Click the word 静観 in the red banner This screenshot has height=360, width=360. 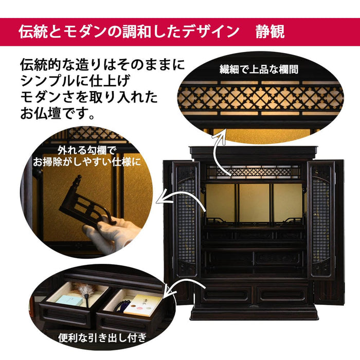270,31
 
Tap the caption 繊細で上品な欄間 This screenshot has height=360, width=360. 259,69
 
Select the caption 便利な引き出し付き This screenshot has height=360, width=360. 102,338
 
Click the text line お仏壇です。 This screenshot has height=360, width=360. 58,113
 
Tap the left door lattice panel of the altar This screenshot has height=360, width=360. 186,221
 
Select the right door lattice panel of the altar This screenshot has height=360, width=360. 321,221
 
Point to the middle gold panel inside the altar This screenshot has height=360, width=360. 254,203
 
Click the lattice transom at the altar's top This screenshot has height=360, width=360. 254,172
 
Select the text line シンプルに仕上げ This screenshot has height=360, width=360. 75,81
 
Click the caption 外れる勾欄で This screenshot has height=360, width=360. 86,151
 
